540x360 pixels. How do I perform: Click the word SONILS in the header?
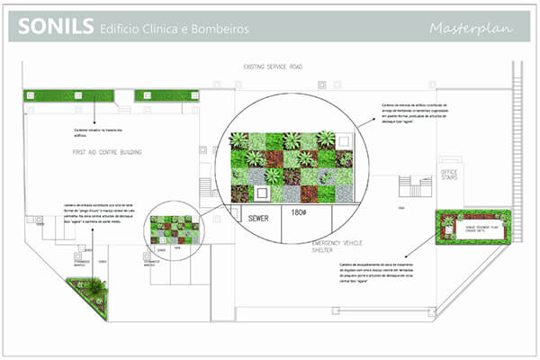(x=54, y=27)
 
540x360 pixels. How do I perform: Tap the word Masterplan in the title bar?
(x=470, y=28)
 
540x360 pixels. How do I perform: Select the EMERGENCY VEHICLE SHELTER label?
(x=337, y=248)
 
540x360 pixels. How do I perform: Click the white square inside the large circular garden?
(x=262, y=193)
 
